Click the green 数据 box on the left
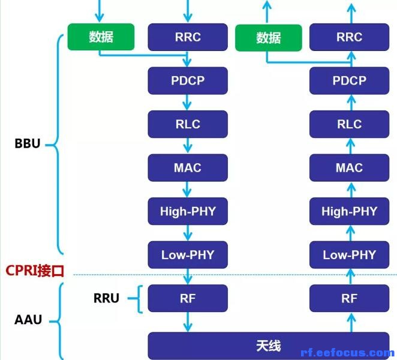pyautogui.click(x=101, y=37)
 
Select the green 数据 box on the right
pyautogui.click(x=268, y=37)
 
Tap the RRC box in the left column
pyautogui.click(x=188, y=37)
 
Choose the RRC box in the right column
pyautogui.click(x=349, y=37)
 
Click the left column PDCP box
pyautogui.click(x=188, y=80)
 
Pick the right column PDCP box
pyautogui.click(x=349, y=80)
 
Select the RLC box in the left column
pyautogui.click(x=188, y=124)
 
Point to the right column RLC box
pyautogui.click(x=349, y=124)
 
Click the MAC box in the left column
pyautogui.click(x=188, y=167)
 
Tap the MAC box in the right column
pyautogui.click(x=349, y=167)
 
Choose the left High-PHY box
pyautogui.click(x=188, y=211)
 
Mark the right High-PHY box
pyautogui.click(x=349, y=211)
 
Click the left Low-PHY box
pyautogui.click(x=188, y=255)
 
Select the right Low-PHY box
pyautogui.click(x=349, y=255)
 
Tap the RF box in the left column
pyautogui.click(x=188, y=298)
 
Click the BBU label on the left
pyautogui.click(x=28, y=144)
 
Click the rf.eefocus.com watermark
pyautogui.click(x=347, y=353)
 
